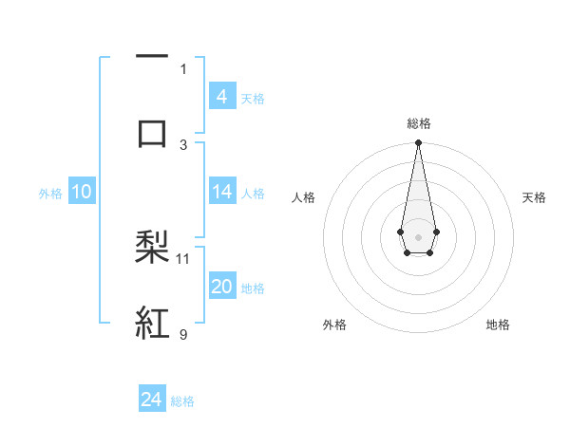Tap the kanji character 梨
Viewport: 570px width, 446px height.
coord(153,248)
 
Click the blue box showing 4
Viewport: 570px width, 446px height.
coord(222,96)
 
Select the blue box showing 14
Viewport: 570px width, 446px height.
coord(222,193)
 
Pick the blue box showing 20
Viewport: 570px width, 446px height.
coord(222,287)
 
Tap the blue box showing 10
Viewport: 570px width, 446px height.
coord(82,193)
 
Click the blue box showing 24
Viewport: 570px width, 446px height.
coord(152,400)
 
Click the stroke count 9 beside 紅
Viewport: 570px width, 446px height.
coord(183,334)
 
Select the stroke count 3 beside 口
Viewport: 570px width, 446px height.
coord(183,144)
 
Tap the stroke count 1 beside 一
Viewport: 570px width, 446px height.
coord(183,68)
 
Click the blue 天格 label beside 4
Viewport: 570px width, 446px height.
coord(253,98)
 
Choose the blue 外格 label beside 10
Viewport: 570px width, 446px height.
coord(50,194)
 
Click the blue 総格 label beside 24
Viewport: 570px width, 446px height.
coord(182,401)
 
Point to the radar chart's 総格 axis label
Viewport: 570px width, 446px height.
coord(418,123)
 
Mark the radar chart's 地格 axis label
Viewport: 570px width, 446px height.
coord(498,325)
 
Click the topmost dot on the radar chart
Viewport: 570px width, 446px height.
coord(418,143)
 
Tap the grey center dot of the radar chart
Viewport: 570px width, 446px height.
coord(418,235)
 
